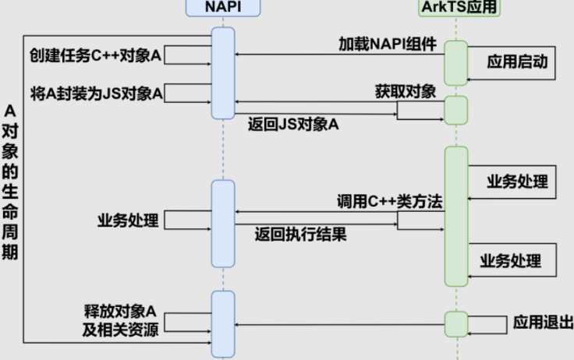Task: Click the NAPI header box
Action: tap(222, 7)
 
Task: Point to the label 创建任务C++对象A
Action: tap(95, 56)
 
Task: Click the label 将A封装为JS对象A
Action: tap(97, 94)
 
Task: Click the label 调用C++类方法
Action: tap(390, 200)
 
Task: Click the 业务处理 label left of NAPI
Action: tap(128, 220)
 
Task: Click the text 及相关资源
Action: tap(122, 329)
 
